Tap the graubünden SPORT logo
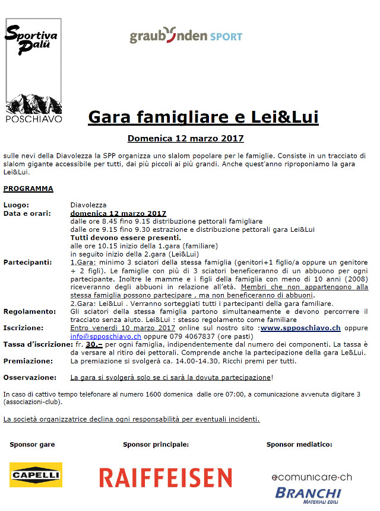point(186,36)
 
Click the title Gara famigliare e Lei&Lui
point(203,117)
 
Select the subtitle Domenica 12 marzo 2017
point(186,139)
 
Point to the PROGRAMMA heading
point(28,189)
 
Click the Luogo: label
point(16,205)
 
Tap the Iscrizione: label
point(23,328)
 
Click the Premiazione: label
point(27,360)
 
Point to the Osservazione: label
point(30,377)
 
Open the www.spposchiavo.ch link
point(300,328)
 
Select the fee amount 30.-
point(93,344)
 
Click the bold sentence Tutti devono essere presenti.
point(118,238)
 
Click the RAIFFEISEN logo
point(165,478)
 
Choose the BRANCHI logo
point(308,494)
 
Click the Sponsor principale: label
point(156,444)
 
